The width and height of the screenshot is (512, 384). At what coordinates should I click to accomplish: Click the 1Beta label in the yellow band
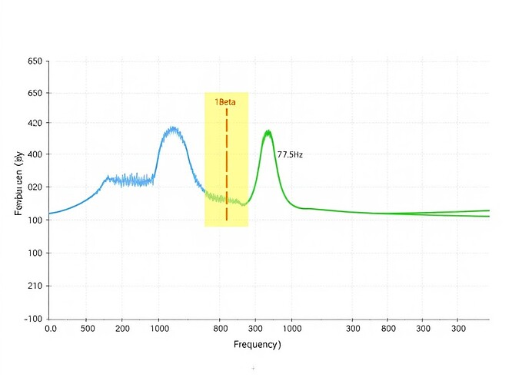(x=225, y=102)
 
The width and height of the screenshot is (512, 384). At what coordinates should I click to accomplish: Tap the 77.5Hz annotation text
(x=290, y=154)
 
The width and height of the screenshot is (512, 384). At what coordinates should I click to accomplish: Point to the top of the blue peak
(x=174, y=128)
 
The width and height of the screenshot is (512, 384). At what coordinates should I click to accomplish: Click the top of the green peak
(x=268, y=131)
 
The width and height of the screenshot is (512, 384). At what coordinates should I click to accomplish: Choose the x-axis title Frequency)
(x=257, y=345)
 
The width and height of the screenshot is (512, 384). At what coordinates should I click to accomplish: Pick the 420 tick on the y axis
(x=34, y=123)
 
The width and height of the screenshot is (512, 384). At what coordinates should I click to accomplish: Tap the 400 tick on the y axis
(x=34, y=154)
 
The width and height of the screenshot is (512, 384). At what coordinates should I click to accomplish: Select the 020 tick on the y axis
(x=34, y=187)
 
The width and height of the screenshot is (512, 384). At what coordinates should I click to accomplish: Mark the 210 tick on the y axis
(x=34, y=286)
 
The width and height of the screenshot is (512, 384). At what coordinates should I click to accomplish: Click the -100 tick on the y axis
(x=32, y=318)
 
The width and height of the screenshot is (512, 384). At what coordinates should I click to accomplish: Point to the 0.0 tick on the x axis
(x=50, y=328)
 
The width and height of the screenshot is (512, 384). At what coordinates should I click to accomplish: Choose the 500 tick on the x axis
(x=87, y=328)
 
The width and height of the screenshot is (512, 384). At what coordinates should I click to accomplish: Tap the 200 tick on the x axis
(x=123, y=328)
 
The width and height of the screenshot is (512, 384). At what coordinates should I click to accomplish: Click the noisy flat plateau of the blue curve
(x=131, y=180)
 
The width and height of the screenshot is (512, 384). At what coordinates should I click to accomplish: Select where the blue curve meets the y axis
(x=49, y=214)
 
